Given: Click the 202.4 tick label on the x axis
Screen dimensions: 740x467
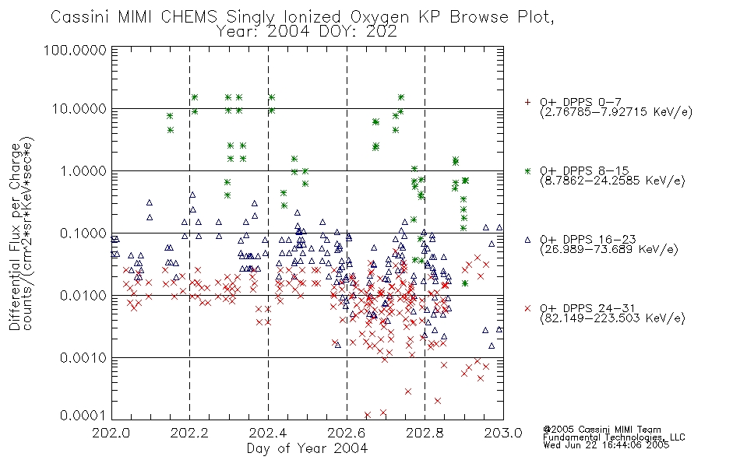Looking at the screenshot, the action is pyautogui.click(x=268, y=433).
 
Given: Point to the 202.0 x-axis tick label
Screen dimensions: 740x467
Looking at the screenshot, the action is pyautogui.click(x=111, y=433).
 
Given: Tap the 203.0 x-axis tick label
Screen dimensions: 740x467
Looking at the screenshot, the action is pyautogui.click(x=503, y=433).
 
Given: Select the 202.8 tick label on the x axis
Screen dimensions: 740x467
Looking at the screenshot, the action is pyautogui.click(x=425, y=433).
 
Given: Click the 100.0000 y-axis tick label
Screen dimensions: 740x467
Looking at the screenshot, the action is pyautogui.click(x=75, y=50).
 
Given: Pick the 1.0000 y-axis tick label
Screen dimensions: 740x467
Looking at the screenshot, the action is pyautogui.click(x=83, y=170).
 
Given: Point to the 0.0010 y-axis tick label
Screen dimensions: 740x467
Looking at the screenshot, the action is pyautogui.click(x=83, y=357).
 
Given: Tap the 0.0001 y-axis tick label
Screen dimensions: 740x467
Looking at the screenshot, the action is pyautogui.click(x=83, y=416).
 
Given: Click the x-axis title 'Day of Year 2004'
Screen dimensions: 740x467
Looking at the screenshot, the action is pyautogui.click(x=307, y=448).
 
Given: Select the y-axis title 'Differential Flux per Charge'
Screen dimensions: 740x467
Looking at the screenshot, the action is pyautogui.click(x=15, y=237).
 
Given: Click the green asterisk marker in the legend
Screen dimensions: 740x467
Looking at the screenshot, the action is pyautogui.click(x=527, y=170).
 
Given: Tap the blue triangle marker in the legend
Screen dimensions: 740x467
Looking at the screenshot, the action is pyautogui.click(x=527, y=240).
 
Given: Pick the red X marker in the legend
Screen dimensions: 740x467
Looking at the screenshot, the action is pyautogui.click(x=527, y=308).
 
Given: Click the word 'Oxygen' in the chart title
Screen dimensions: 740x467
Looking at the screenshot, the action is pyautogui.click(x=380, y=17).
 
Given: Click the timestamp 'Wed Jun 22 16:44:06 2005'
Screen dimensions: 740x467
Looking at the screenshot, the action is pyautogui.click(x=606, y=444).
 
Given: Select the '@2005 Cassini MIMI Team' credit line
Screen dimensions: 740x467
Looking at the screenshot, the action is pyautogui.click(x=601, y=430).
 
